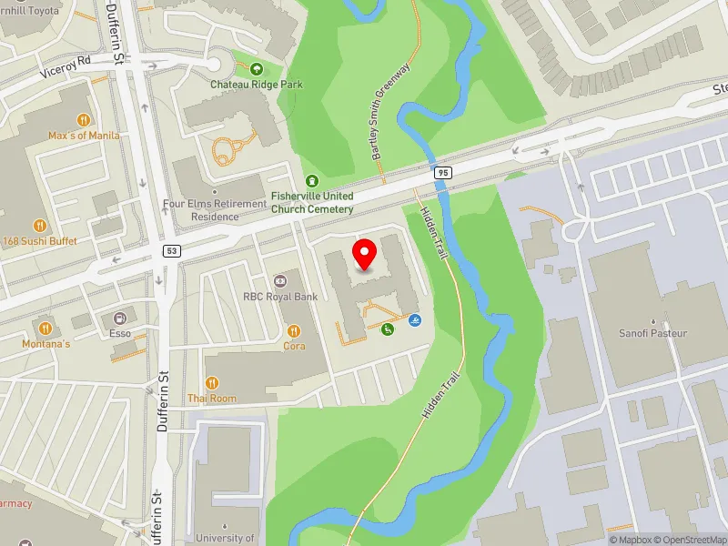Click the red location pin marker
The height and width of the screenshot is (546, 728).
(365, 254)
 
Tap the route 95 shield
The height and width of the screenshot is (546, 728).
(442, 172)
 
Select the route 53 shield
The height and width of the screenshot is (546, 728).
(171, 249)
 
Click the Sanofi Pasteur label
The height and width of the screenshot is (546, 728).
(652, 333)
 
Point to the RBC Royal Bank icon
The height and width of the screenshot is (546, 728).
(280, 279)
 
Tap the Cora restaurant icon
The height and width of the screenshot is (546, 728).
(294, 331)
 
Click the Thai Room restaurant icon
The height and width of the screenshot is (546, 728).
(212, 383)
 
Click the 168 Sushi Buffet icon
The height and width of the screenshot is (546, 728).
(39, 225)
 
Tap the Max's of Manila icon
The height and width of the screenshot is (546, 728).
(83, 119)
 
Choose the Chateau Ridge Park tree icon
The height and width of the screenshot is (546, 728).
(257, 68)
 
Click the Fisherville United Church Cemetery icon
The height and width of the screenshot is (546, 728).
(312, 181)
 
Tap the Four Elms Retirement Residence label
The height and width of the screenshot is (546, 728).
(201, 210)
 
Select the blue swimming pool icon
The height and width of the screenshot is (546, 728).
(415, 320)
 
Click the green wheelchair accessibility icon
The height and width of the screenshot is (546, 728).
(387, 329)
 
